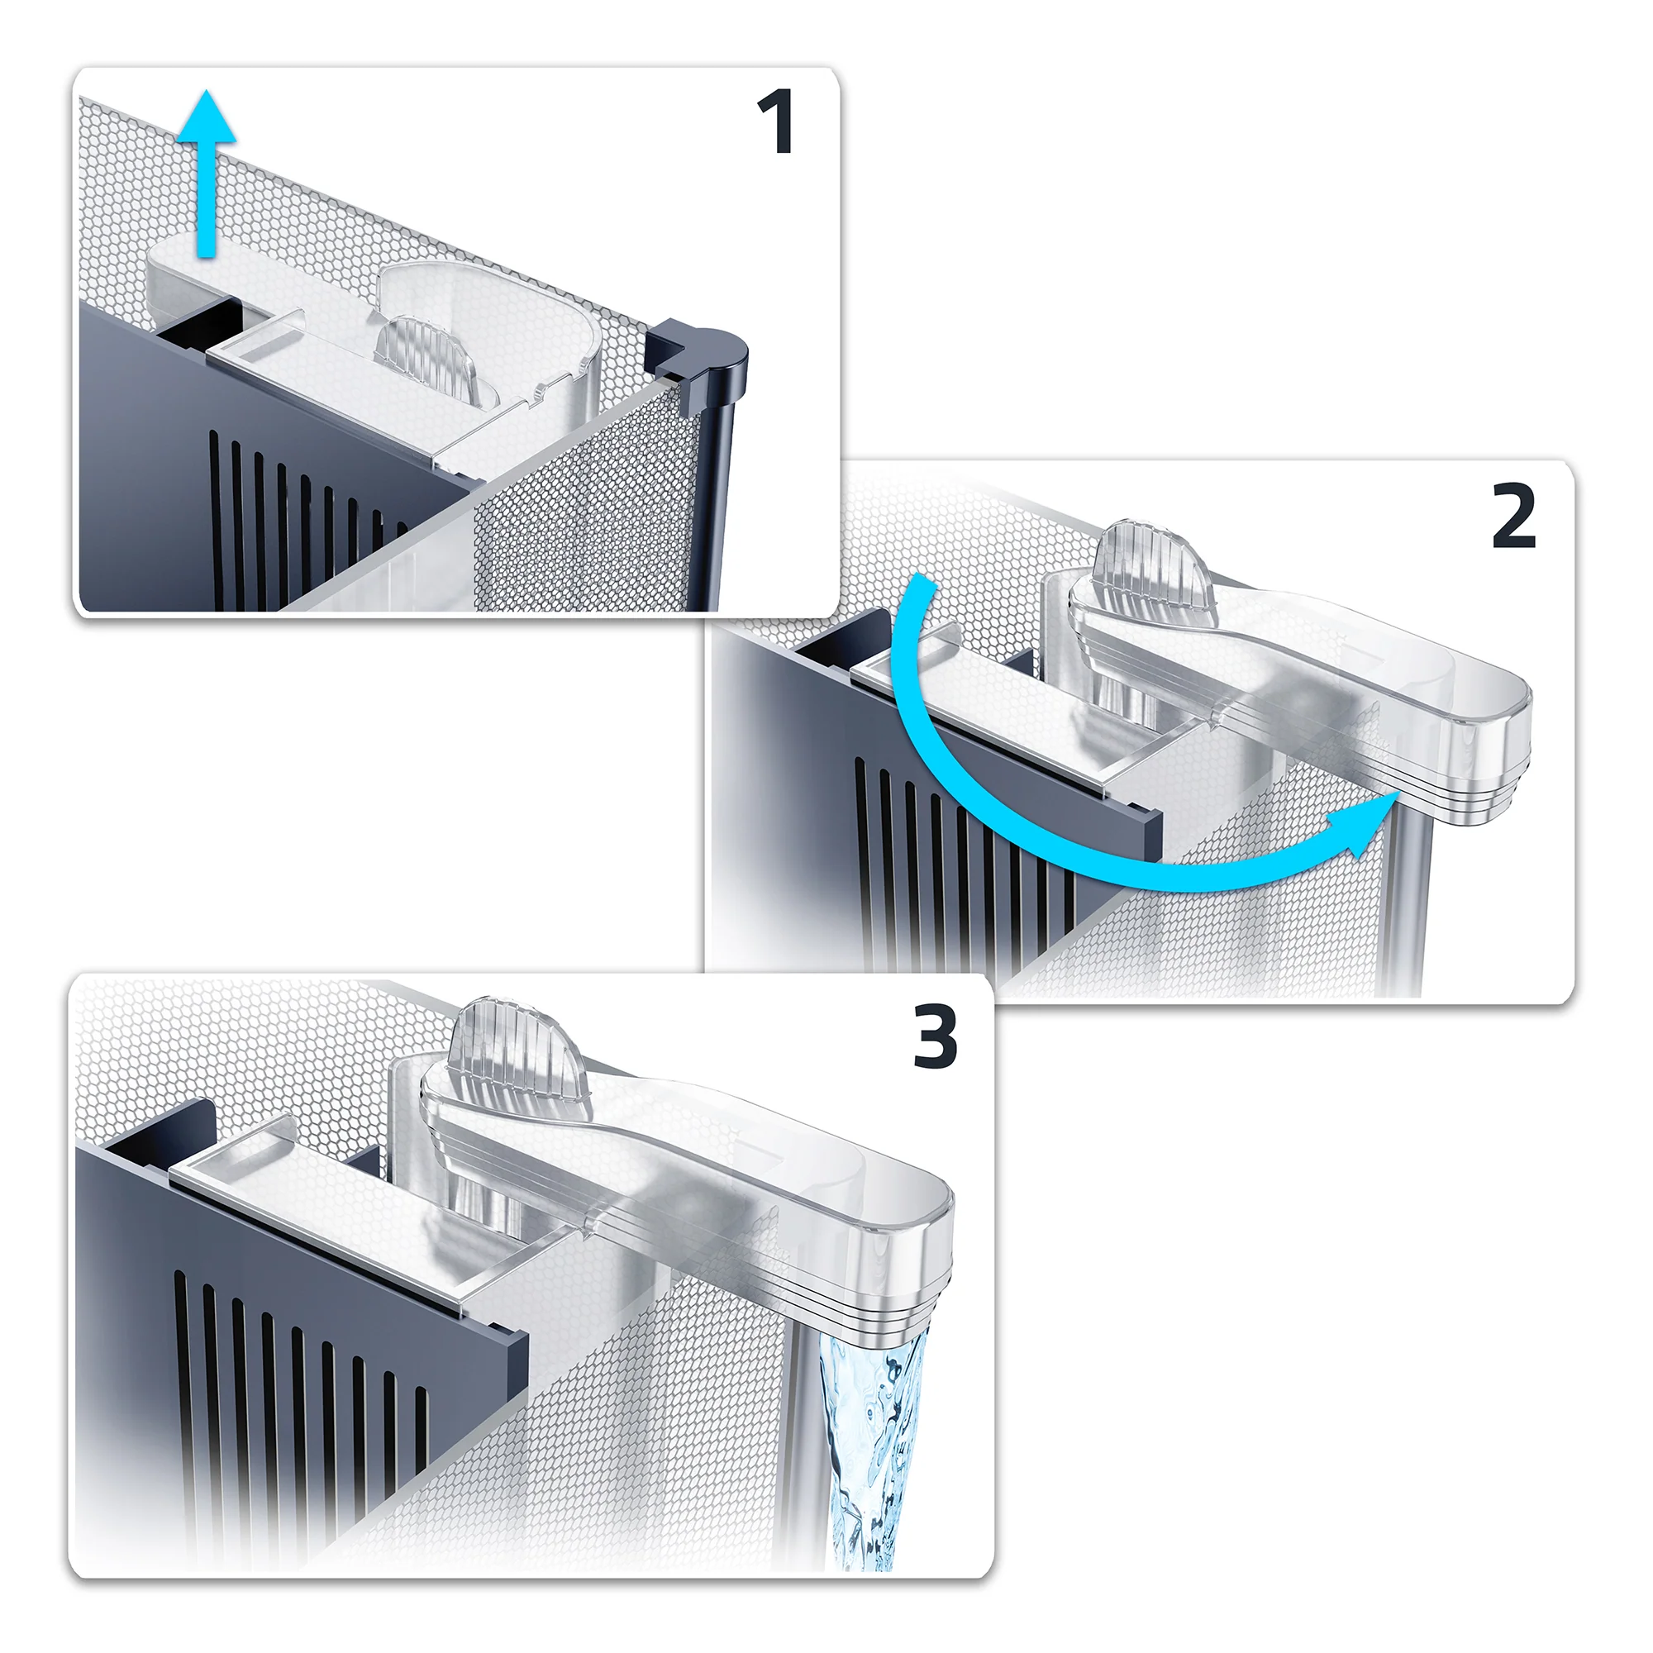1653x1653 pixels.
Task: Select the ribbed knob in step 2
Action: tap(1155, 562)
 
